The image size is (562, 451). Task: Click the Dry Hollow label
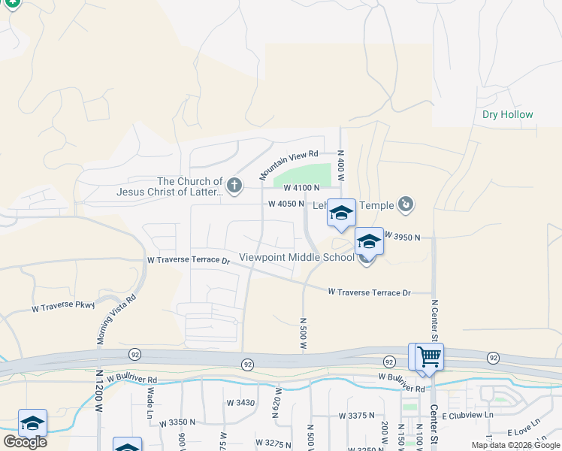coord(508,115)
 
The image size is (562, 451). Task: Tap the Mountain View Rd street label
coord(289,164)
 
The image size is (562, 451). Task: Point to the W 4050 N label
coord(286,204)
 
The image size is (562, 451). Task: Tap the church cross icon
coord(234,186)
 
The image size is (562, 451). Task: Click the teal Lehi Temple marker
coord(406,204)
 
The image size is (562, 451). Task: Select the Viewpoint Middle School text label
coord(296,257)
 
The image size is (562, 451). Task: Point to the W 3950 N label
coord(402,237)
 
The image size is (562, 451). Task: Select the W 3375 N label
coord(357,416)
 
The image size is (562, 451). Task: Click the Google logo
coord(25,442)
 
